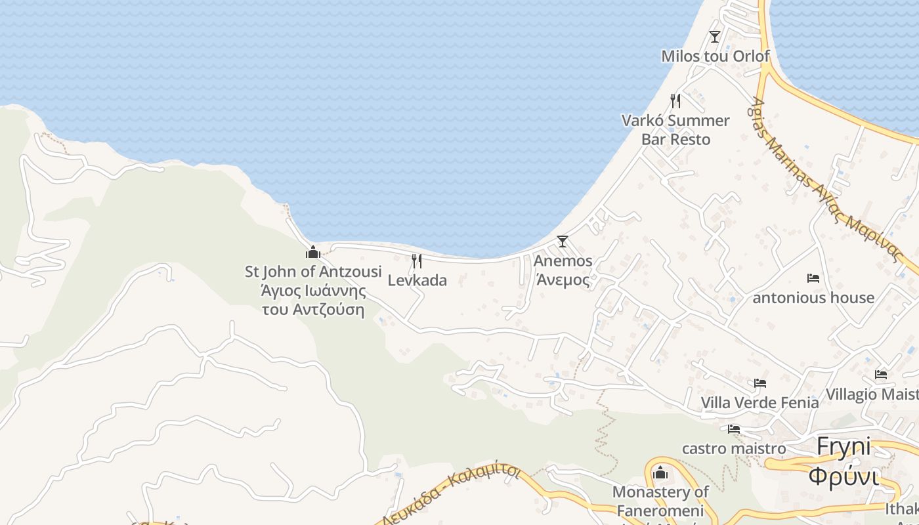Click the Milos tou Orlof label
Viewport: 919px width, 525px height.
coord(715,56)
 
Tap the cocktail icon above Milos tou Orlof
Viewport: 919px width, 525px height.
coord(715,36)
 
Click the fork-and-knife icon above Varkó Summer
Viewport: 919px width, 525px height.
coord(675,100)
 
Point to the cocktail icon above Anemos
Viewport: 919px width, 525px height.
coord(563,241)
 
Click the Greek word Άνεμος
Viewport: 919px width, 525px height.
coord(563,280)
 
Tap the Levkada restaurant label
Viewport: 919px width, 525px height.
coord(417,280)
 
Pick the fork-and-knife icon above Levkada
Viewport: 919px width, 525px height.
coord(417,261)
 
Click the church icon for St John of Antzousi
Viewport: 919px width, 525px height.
coord(313,252)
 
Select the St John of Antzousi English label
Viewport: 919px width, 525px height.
coord(313,271)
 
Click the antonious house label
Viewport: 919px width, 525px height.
coord(813,297)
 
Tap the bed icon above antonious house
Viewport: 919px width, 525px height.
coord(813,278)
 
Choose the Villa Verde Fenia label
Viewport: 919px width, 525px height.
coord(759,402)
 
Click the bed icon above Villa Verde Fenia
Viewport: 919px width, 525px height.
coord(760,383)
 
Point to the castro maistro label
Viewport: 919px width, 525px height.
coord(734,448)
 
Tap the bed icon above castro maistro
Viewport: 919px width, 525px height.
coord(734,429)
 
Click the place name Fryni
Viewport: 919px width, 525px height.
coord(844,447)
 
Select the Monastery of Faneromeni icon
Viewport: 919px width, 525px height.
coord(660,472)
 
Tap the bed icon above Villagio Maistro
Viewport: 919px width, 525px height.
coord(881,375)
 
